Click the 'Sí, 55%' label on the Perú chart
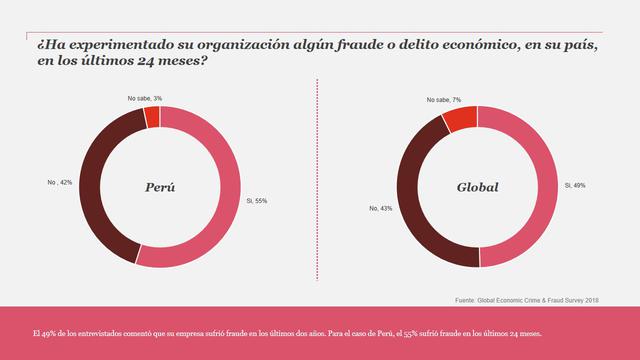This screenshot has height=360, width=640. pyautogui.click(x=257, y=200)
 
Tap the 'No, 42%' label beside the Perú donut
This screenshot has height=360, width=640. pyautogui.click(x=61, y=183)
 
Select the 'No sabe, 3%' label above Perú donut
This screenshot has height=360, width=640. pyautogui.click(x=145, y=98)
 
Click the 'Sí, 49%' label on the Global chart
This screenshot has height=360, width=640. pyautogui.click(x=576, y=185)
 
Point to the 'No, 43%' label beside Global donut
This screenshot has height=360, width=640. pyautogui.click(x=380, y=208)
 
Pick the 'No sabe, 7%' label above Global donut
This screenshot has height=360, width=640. pyautogui.click(x=443, y=100)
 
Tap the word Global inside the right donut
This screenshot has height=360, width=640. pyautogui.click(x=477, y=187)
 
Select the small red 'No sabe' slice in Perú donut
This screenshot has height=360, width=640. pyautogui.click(x=152, y=118)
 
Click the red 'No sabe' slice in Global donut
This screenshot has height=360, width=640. pyautogui.click(x=461, y=119)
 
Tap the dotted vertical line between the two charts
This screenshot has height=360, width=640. pyautogui.click(x=317, y=180)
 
